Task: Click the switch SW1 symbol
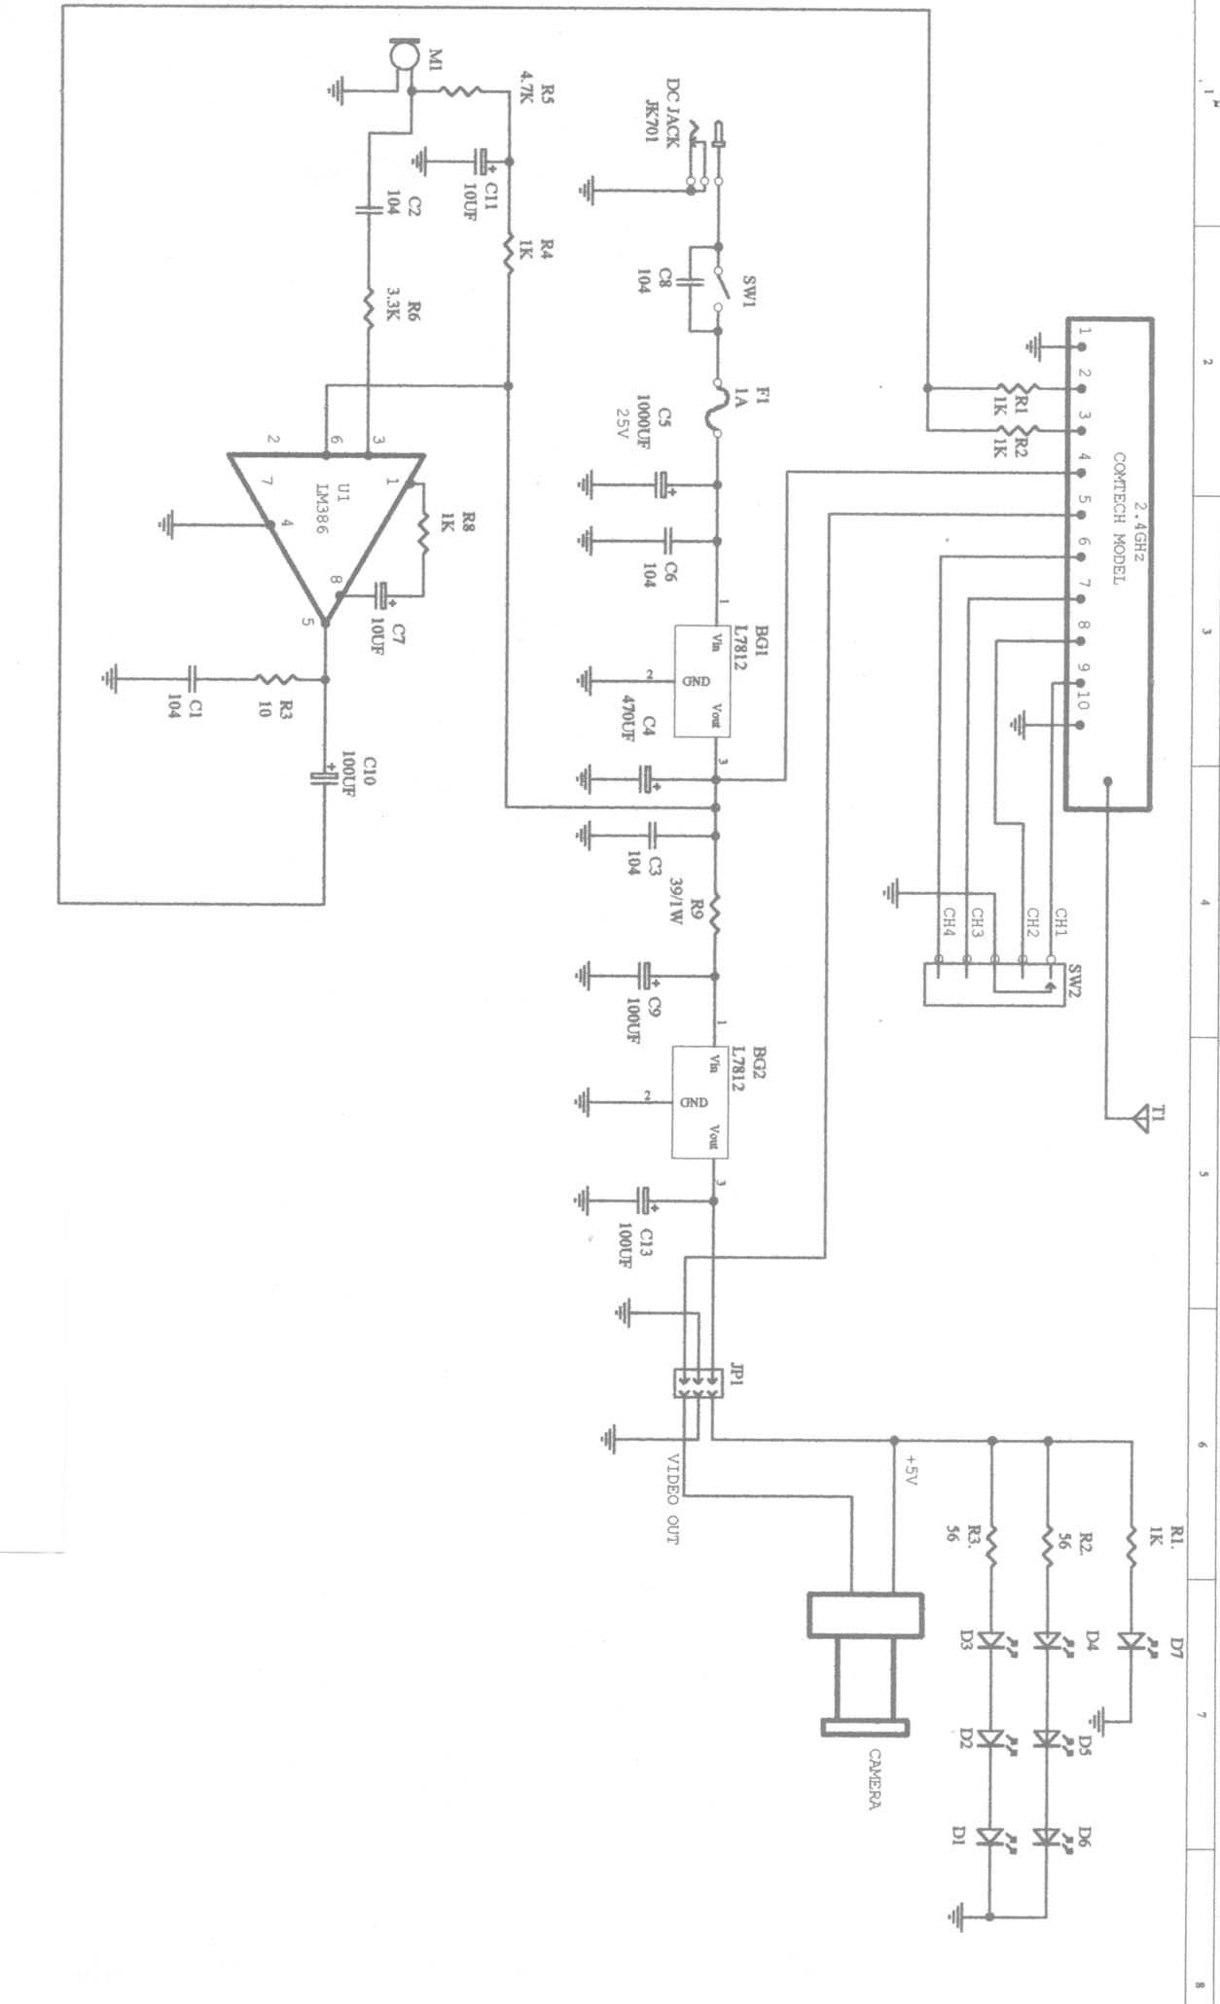click(x=718, y=288)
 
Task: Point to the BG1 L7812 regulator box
click(x=702, y=680)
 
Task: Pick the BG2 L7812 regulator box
click(x=701, y=1102)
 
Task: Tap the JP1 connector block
click(x=699, y=1382)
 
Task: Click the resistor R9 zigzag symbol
click(x=715, y=914)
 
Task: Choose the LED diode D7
click(x=1130, y=1641)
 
